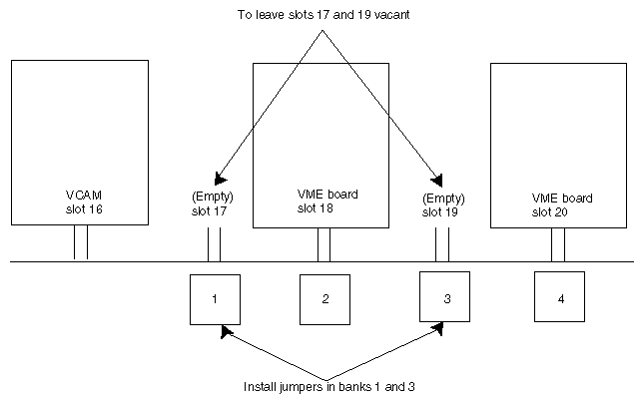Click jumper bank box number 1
pyautogui.click(x=215, y=298)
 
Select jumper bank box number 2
pyautogui.click(x=325, y=298)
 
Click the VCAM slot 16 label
pyautogui.click(x=79, y=203)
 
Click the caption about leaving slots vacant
pyautogui.click(x=322, y=15)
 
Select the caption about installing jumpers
pyautogui.click(x=328, y=385)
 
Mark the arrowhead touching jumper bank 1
pyautogui.click(x=227, y=329)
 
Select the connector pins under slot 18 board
pyautogui.click(x=323, y=243)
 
